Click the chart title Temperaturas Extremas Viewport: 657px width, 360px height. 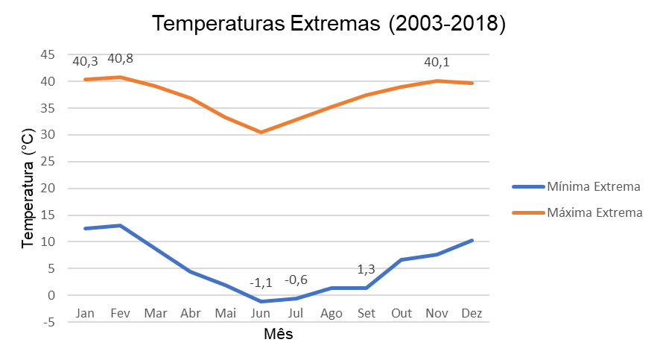pyautogui.click(x=328, y=24)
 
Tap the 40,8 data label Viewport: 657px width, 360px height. pyautogui.click(x=121, y=59)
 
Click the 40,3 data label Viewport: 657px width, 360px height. pyautogui.click(x=85, y=61)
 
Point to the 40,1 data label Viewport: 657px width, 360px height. pyautogui.click(x=437, y=63)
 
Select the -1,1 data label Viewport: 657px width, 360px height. pyautogui.click(x=261, y=283)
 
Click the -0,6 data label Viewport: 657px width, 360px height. pyautogui.click(x=296, y=280)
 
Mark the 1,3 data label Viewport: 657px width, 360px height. pyautogui.click(x=366, y=270)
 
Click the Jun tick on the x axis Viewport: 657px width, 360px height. pyautogui.click(x=261, y=314)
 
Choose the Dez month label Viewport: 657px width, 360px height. pyautogui.click(x=472, y=314)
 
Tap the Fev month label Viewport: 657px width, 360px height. pyautogui.click(x=120, y=314)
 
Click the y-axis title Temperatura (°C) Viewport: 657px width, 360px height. pyautogui.click(x=28, y=189)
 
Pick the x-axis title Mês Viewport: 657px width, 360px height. pyautogui.click(x=279, y=335)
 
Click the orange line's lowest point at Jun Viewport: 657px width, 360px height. pyautogui.click(x=261, y=132)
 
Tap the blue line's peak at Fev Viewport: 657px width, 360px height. pyautogui.click(x=120, y=225)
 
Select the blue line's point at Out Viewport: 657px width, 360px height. pyautogui.click(x=401, y=260)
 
